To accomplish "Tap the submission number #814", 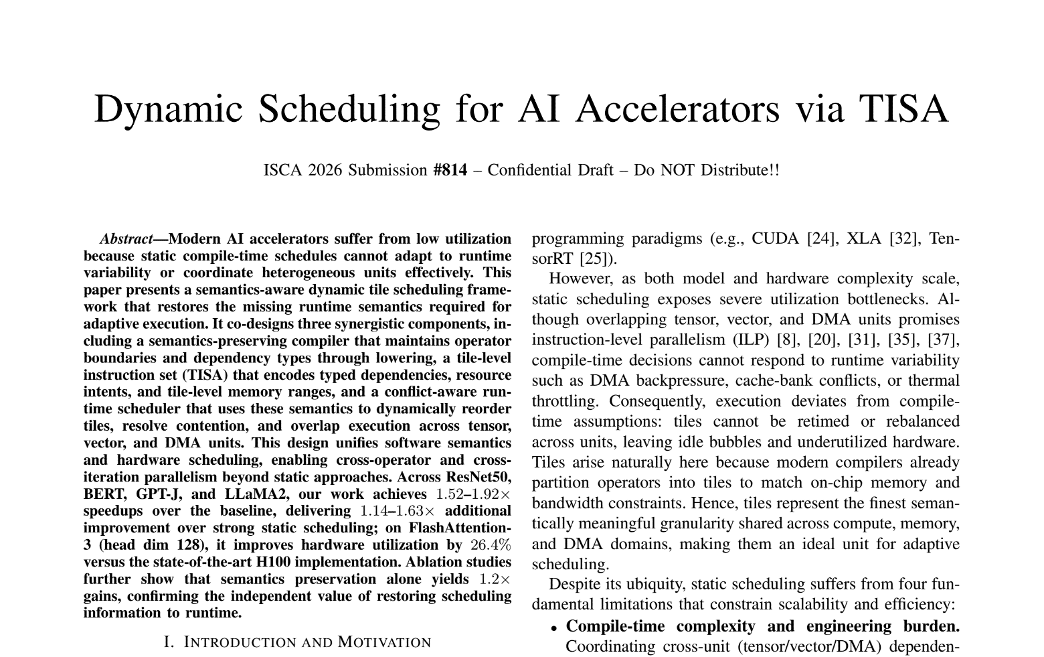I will coord(450,170).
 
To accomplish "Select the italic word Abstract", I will coord(126,239).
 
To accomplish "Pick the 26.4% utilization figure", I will coord(491,545).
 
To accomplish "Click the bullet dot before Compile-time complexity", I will coord(554,628).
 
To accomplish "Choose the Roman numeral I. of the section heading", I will coord(169,642).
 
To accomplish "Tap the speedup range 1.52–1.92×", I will coord(473,494).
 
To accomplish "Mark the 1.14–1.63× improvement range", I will coord(397,511).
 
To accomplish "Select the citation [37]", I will coord(944,340).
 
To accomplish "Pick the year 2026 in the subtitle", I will coord(325,170).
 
